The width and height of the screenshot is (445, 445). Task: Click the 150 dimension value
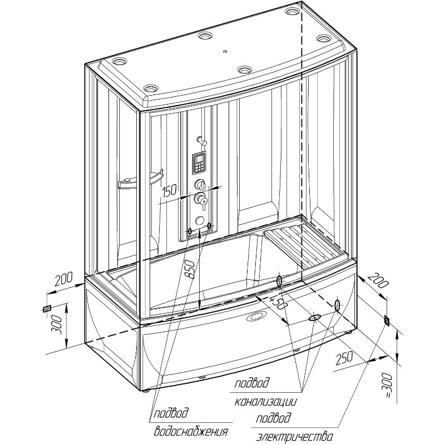(170, 191)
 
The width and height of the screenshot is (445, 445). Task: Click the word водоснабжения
(192, 431)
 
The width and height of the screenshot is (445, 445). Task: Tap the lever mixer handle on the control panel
(202, 200)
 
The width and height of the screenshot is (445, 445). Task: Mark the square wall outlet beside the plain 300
(47, 308)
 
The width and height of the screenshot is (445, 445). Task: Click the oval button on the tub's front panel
(258, 317)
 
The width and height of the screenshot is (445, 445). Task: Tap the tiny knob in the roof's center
(224, 52)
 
